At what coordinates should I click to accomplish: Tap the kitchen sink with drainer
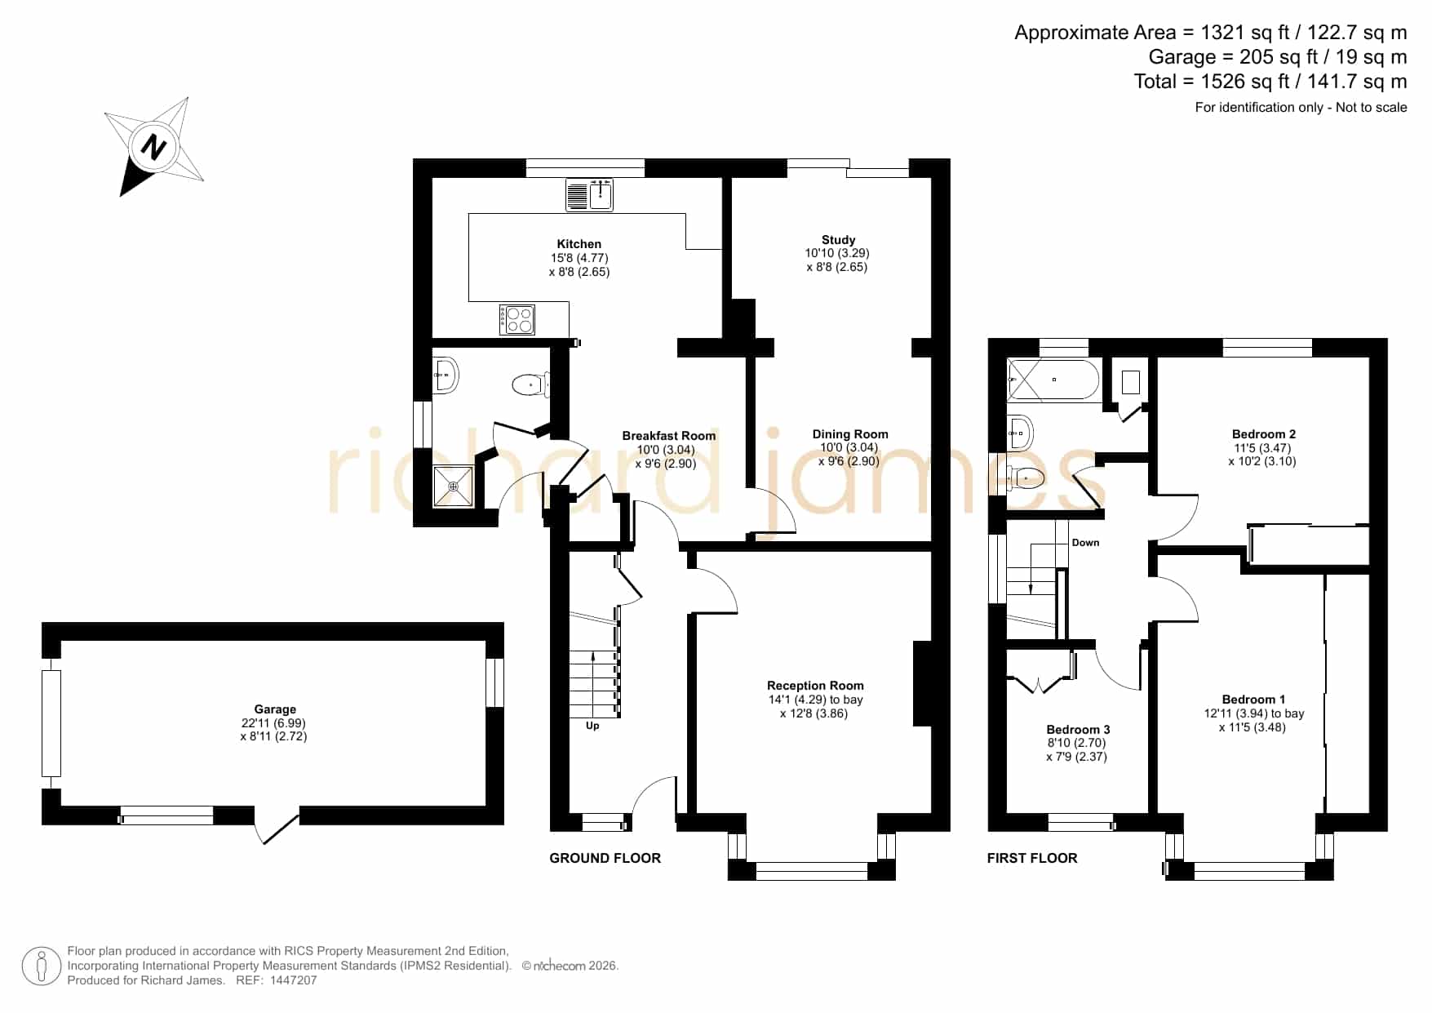pos(589,195)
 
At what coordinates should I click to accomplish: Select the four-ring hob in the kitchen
pos(517,319)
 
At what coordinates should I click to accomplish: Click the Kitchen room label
pos(579,244)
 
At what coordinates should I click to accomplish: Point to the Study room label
pos(838,240)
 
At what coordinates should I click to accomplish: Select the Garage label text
pos(275,709)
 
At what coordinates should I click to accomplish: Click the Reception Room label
pos(815,686)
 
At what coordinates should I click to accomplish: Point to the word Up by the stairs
pos(592,726)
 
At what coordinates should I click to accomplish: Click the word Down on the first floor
pos(1085,543)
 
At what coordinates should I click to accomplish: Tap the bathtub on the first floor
pos(1053,380)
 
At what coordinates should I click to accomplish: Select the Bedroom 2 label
pos(1264,434)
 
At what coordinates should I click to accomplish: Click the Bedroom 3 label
pos(1078,730)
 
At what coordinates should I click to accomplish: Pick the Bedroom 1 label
pos(1253,700)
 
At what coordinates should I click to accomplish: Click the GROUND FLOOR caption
pos(605,858)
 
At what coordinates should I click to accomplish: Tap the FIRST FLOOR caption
pos(1032,858)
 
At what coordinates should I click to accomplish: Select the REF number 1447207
pos(293,980)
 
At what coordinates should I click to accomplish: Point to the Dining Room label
pos(850,434)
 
